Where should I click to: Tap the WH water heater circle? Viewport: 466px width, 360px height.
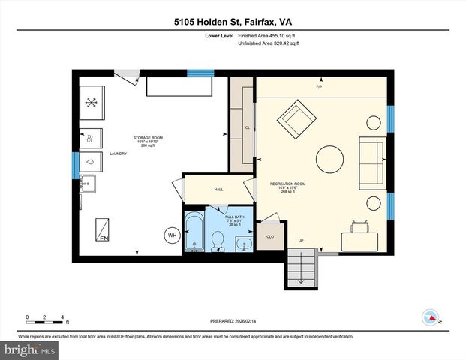pos(172,236)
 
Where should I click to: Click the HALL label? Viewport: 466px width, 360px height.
pos(218,190)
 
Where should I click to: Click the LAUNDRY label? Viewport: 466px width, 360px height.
pos(118,154)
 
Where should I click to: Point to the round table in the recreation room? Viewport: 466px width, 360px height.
pos(331,159)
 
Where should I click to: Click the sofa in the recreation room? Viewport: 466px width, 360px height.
pos(372,163)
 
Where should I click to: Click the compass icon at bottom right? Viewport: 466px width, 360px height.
pos(431,315)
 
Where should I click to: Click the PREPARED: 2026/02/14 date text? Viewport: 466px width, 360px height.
pos(232,321)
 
